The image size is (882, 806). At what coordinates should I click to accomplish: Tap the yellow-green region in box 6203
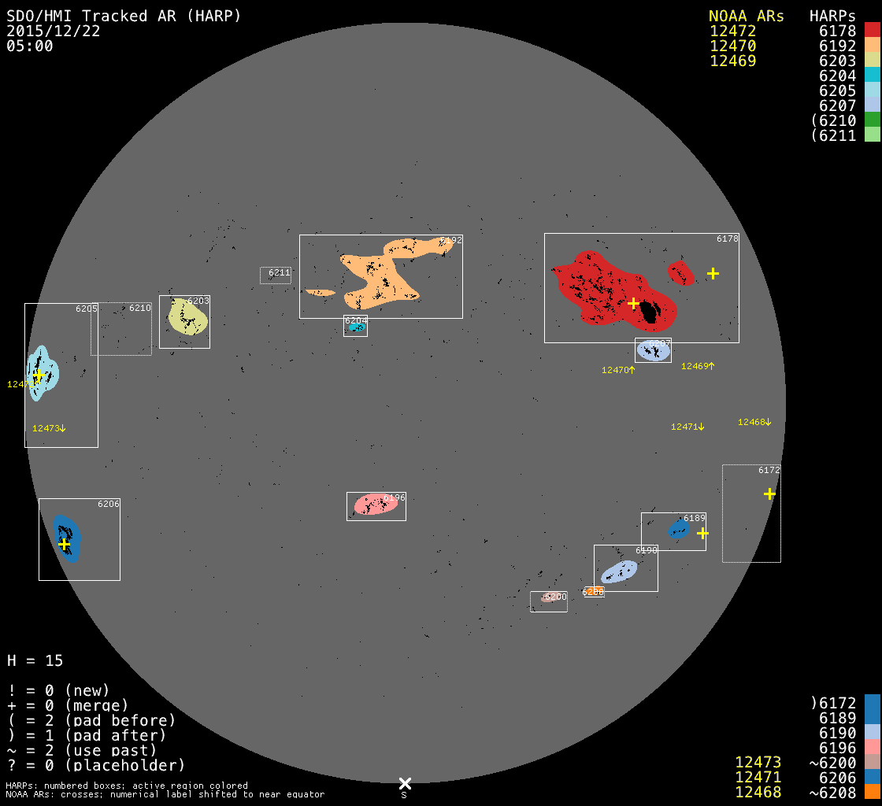pyautogui.click(x=188, y=317)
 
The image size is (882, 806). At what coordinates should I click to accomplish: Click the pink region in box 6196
pyautogui.click(x=376, y=504)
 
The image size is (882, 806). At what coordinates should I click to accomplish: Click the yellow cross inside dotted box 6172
pyautogui.click(x=769, y=494)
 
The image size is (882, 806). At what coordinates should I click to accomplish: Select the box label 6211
pyautogui.click(x=280, y=272)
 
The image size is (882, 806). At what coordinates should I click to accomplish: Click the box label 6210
pyautogui.click(x=140, y=308)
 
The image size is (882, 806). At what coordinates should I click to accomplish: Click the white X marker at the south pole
pyautogui.click(x=405, y=783)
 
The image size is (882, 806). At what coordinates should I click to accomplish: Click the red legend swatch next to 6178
pyautogui.click(x=872, y=31)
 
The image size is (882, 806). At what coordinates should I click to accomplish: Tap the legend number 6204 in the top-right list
pyautogui.click(x=838, y=76)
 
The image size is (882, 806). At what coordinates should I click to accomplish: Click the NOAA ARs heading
pyautogui.click(x=746, y=17)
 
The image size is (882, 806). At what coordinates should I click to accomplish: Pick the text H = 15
pyautogui.click(x=35, y=660)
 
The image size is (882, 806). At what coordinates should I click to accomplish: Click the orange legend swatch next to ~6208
pyautogui.click(x=872, y=791)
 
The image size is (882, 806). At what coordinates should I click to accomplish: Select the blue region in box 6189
pyautogui.click(x=678, y=528)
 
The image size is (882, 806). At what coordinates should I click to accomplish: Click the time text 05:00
pyautogui.click(x=30, y=46)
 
